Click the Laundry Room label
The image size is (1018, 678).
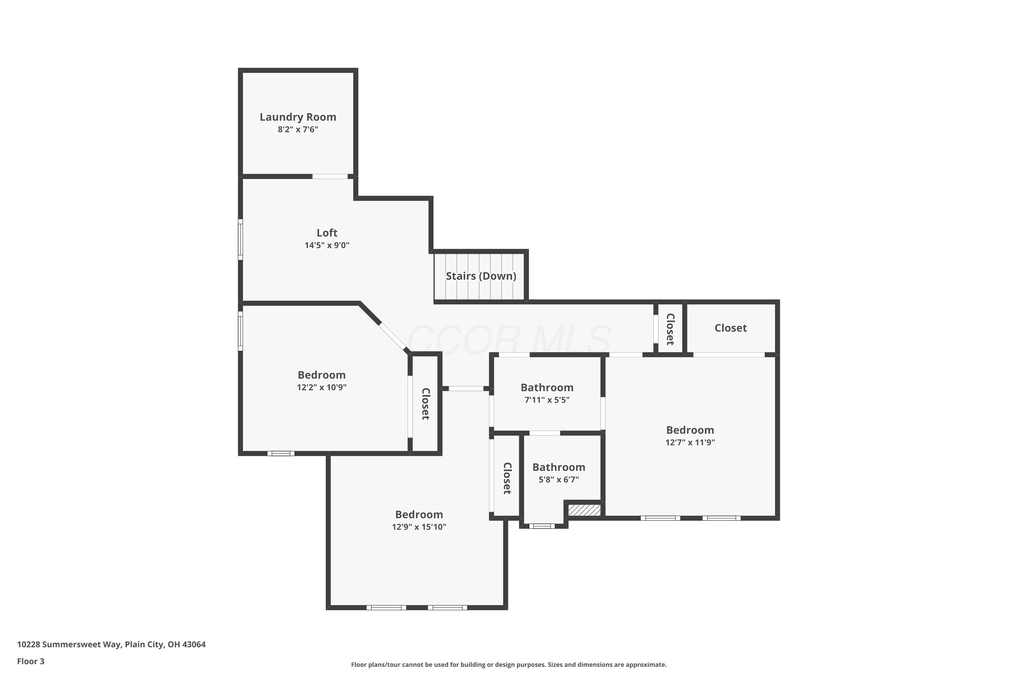coord(298,117)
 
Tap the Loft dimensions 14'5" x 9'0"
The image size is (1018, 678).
coord(327,245)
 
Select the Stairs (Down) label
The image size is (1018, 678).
coord(481,276)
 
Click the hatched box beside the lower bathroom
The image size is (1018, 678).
coord(584,510)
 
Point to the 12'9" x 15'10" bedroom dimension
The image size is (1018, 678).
coord(419,527)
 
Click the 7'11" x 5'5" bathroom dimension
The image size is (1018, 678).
coord(547,400)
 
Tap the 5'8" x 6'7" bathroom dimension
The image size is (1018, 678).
coord(559,480)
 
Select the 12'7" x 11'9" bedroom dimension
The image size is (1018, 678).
coord(690,442)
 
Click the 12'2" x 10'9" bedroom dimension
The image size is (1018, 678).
coord(322,387)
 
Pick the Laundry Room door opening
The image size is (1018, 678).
coord(330,176)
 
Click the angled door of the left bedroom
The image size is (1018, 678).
coord(393,337)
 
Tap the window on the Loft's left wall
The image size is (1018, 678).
coord(240,240)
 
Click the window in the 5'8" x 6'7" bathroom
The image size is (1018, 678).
coord(542,526)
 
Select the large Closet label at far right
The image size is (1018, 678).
coord(731,328)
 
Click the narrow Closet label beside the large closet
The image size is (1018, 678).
coord(670,330)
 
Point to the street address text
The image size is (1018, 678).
coord(111,644)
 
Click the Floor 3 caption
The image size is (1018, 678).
coord(31,661)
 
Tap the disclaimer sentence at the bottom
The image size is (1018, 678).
coord(509,664)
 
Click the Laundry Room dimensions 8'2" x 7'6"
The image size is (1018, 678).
coord(298,129)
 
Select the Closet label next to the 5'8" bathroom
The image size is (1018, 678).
coord(507,478)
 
